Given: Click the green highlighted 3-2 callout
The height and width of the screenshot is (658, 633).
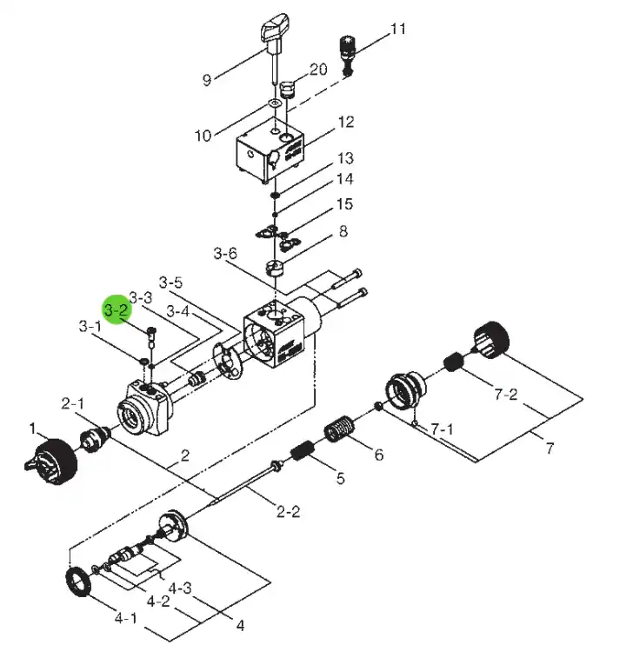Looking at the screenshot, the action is click(117, 309).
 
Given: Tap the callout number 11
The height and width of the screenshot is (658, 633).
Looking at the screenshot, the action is click(398, 29).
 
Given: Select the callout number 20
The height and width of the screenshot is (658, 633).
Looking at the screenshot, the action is click(318, 70).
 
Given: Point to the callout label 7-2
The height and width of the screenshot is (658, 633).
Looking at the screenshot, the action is click(506, 395).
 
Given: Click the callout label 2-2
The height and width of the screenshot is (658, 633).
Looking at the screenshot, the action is click(289, 512).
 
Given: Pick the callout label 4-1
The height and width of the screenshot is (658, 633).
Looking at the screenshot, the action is click(126, 618).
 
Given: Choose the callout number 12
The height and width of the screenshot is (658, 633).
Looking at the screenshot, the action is click(346, 122).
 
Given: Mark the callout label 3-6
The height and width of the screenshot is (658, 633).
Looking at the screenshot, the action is click(225, 254).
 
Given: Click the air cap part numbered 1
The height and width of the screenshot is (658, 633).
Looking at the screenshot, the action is click(51, 462).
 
